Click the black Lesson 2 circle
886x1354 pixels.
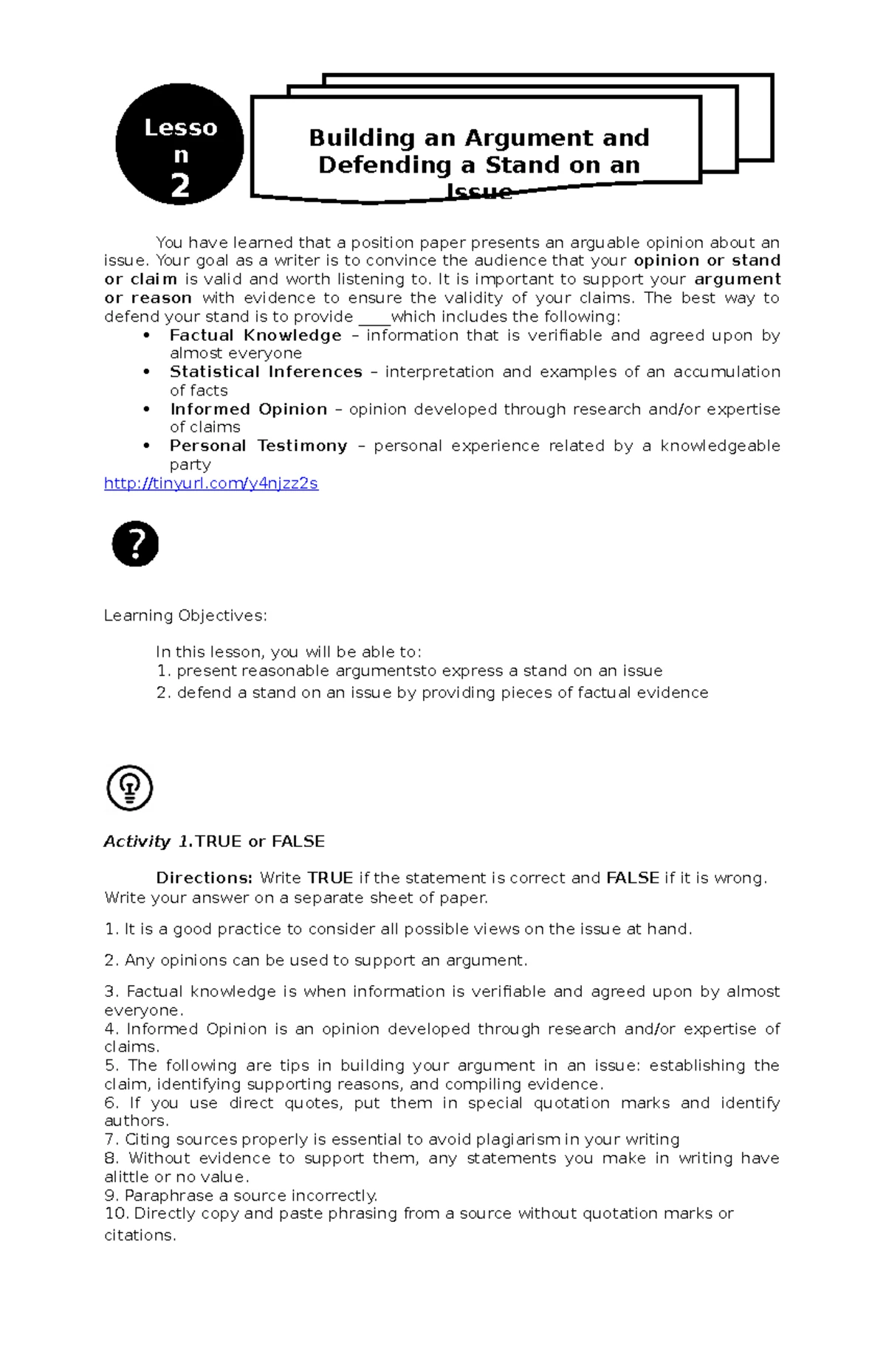[x=179, y=145]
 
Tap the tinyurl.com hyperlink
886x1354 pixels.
[x=210, y=483]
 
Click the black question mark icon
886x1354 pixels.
[x=135, y=544]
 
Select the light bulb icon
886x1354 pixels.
[x=130, y=787]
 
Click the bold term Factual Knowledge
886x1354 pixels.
[x=255, y=336]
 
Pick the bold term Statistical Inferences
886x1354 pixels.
[x=266, y=372]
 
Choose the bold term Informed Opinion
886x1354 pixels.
[x=248, y=410]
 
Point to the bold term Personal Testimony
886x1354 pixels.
[x=258, y=446]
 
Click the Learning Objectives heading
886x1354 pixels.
[x=185, y=615]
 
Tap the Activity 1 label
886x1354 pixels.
[x=148, y=842]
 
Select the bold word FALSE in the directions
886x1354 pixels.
[x=632, y=878]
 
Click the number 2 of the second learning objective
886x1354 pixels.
[x=163, y=693]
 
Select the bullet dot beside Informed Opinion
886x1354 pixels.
[x=147, y=410]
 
